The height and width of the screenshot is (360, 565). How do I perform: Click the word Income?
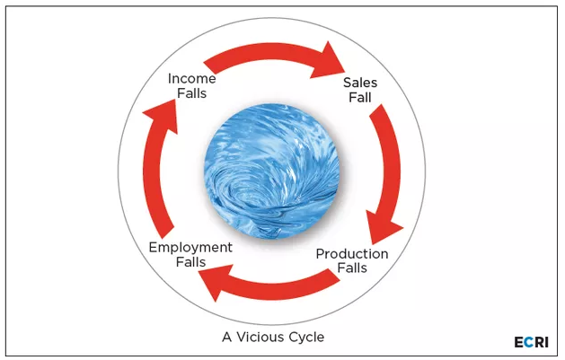tap(192, 78)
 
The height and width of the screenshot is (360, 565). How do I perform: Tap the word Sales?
tap(360, 83)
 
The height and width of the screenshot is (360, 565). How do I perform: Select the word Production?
tap(352, 254)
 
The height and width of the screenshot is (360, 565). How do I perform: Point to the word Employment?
tap(190, 248)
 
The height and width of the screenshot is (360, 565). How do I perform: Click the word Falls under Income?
tap(192, 93)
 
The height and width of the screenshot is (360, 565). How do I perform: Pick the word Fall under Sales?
tap(360, 97)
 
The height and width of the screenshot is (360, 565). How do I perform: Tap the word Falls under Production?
tap(352, 268)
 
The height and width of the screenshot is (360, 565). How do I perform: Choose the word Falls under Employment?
tap(190, 262)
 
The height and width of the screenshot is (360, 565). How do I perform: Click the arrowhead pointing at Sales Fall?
tap(329, 61)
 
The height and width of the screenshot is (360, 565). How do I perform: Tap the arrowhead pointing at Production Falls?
tap(383, 226)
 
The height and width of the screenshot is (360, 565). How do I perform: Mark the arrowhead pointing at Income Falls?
tap(163, 115)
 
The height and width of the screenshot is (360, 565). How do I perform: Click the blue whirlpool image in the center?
tap(271, 171)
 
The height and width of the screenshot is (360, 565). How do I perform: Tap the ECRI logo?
tap(532, 342)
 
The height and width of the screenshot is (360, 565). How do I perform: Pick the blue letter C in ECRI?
tap(528, 342)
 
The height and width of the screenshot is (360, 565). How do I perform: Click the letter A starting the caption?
tap(227, 338)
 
